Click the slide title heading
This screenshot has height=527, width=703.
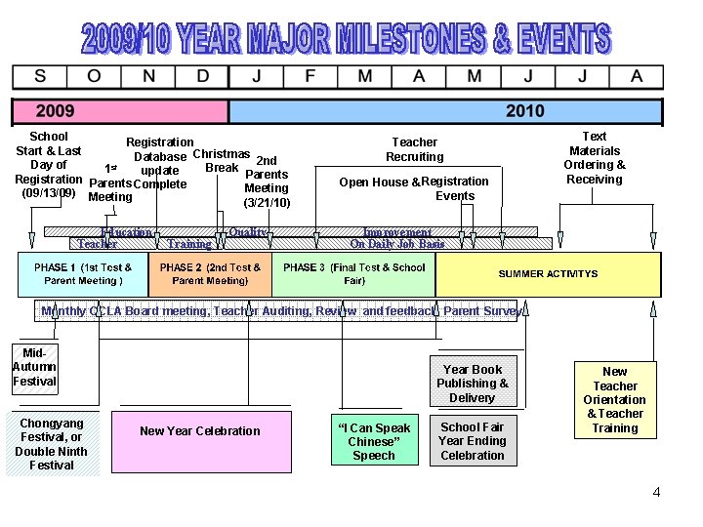(346, 39)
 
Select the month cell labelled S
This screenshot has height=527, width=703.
(39, 77)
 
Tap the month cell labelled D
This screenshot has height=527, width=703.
(202, 77)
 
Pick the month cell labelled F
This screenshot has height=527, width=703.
(310, 77)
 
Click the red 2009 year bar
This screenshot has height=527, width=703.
(119, 111)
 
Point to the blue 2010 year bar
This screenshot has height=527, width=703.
(445, 111)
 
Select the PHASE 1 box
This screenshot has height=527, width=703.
(83, 274)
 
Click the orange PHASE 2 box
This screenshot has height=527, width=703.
(210, 274)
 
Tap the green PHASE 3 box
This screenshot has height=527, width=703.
(353, 274)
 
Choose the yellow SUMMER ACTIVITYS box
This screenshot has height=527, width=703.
(548, 274)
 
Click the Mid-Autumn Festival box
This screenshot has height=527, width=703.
(34, 368)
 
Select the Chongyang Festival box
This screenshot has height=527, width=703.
(51, 444)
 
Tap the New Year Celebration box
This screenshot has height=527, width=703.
(200, 431)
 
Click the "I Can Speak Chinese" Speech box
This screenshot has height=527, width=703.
(373, 441)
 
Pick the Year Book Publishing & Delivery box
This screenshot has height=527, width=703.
(472, 384)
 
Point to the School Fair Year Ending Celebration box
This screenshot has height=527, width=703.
(472, 441)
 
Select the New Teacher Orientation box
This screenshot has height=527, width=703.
(614, 400)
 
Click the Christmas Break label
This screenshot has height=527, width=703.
(222, 161)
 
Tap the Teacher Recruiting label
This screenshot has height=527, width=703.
(414, 149)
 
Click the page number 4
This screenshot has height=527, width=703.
(656, 493)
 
